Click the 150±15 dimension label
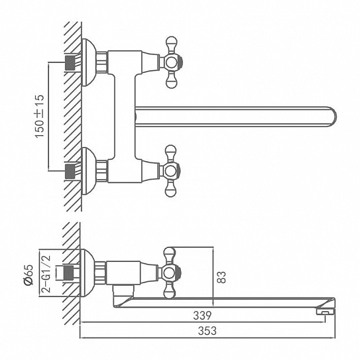tap(40, 116)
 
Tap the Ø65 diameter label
tap(29, 275)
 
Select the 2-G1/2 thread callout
tap(46, 274)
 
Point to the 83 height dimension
tap(222, 277)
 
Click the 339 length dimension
tap(202, 316)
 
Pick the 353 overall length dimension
tap(208, 331)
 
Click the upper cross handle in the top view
tap(171, 62)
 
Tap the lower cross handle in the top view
tap(171, 171)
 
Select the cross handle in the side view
tap(171, 273)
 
